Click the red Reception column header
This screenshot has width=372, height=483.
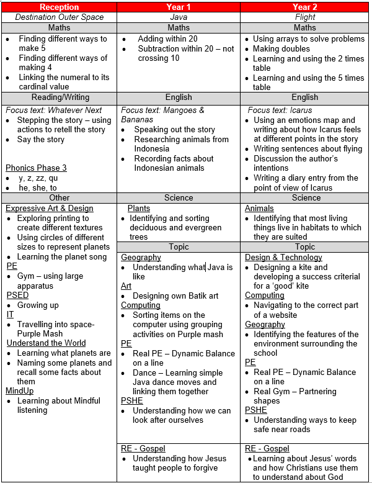59,7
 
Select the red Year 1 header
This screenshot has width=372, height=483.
179,7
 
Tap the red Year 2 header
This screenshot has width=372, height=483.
304,7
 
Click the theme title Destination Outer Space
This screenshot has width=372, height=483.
59,17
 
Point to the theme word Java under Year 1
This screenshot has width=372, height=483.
179,17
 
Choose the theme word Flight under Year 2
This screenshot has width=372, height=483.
304,17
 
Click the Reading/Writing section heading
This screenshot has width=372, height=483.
59,97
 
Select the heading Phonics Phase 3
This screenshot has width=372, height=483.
36,168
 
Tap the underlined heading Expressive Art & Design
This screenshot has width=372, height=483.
50,209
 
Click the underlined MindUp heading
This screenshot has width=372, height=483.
20,390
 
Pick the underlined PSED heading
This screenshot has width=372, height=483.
18,295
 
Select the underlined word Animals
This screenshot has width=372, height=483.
259,209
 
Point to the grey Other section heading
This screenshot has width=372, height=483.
59,197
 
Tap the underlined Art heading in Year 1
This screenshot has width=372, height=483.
126,286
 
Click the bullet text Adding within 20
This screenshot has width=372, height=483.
167,38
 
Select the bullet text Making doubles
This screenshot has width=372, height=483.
281,48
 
